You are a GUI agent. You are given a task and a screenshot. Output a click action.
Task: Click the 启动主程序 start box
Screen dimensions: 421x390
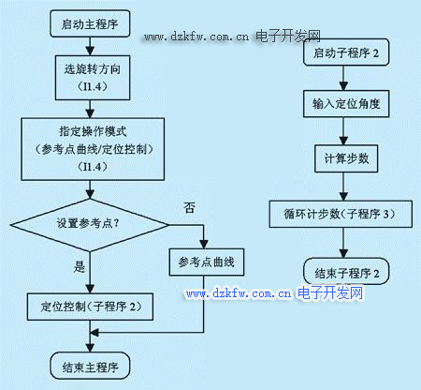click(90, 23)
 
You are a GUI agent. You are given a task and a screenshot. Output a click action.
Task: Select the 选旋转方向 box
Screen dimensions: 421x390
click(93, 78)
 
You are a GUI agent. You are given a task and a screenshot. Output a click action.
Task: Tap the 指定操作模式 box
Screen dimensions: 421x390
click(93, 149)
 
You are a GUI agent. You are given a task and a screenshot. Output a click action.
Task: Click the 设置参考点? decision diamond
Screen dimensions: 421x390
click(90, 225)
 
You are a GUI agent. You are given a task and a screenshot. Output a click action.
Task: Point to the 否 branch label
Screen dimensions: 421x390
click(189, 208)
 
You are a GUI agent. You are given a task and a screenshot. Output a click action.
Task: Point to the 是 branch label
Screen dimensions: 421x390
click(80, 267)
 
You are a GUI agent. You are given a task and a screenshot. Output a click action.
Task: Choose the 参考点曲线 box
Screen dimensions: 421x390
click(207, 262)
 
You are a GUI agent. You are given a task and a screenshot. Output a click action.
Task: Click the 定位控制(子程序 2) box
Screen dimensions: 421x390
click(90, 307)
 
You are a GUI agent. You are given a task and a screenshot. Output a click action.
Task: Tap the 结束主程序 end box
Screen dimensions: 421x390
click(90, 366)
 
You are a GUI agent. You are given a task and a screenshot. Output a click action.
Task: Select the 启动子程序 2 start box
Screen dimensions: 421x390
click(346, 52)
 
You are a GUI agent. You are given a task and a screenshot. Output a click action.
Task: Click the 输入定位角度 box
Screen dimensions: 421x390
click(346, 104)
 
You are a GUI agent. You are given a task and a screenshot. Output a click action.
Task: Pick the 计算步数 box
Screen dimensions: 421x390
click(346, 158)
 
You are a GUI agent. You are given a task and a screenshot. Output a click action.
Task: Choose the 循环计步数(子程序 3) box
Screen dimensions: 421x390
click(341, 214)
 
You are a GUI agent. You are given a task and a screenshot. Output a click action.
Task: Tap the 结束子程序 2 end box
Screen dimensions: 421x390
click(346, 271)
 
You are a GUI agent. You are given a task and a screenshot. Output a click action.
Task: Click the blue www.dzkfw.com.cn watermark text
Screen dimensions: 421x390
click(239, 293)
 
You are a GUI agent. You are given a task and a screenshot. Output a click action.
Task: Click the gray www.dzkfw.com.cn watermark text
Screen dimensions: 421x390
click(196, 37)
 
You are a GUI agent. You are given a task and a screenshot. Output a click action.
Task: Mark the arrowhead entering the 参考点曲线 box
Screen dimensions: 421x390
click(204, 244)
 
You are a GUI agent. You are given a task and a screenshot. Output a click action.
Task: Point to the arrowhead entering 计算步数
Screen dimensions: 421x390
click(343, 141)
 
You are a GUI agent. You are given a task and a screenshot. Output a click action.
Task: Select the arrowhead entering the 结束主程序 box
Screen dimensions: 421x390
click(90, 348)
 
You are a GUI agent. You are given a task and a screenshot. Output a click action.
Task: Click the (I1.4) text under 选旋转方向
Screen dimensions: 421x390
click(93, 86)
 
